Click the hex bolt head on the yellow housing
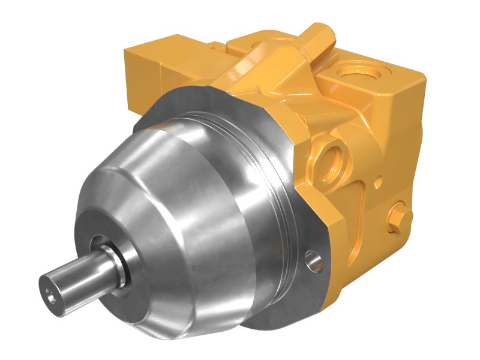(x=397, y=217)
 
